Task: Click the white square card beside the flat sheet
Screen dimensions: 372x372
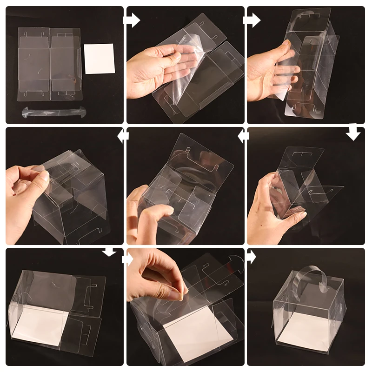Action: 100,59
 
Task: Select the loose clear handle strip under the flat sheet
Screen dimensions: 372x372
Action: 54,112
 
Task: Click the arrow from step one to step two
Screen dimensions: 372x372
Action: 132,20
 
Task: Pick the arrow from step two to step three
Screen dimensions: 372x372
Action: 252,20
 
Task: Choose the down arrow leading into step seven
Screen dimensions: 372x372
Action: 109,252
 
